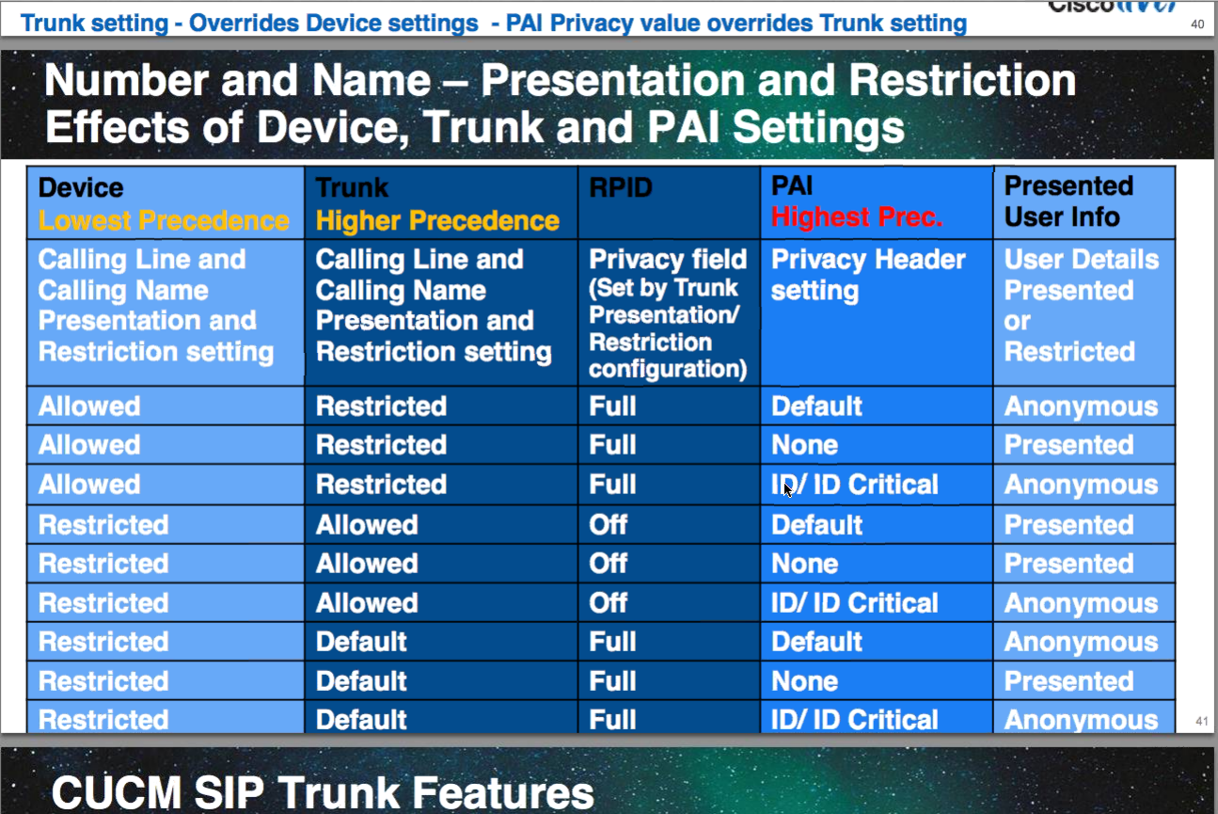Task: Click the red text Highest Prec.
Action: (x=857, y=217)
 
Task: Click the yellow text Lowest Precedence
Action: (x=163, y=221)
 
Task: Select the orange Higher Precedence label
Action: (x=437, y=221)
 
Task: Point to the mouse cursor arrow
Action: (x=788, y=489)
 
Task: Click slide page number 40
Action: (x=1197, y=24)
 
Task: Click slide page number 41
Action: (x=1202, y=721)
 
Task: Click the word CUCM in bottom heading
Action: (x=117, y=792)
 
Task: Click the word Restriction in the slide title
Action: (x=962, y=81)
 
